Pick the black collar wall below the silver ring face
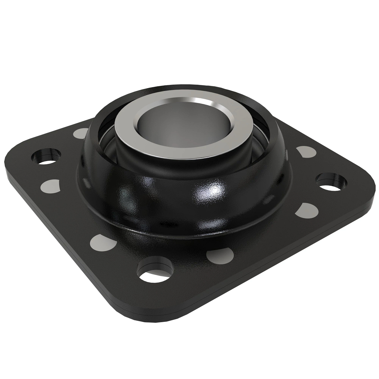tap(148, 164)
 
